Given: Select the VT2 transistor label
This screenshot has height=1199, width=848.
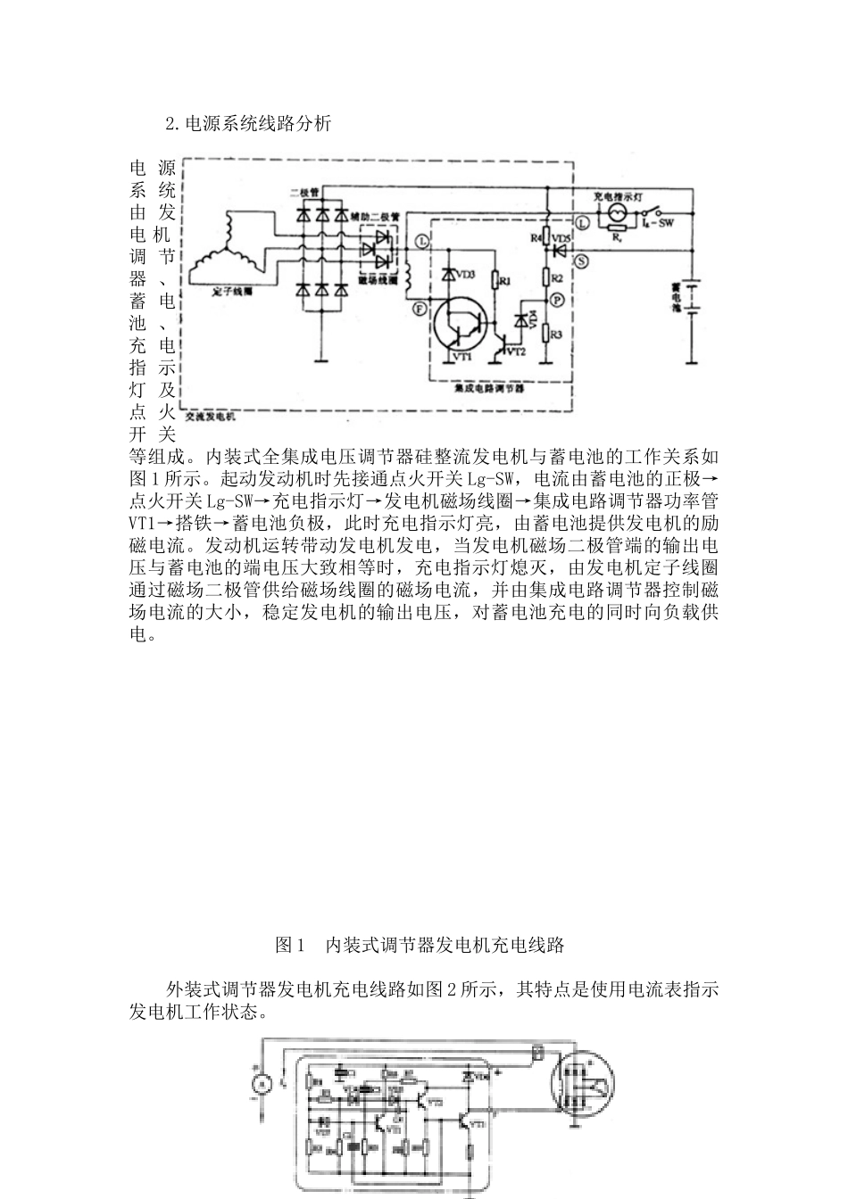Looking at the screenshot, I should pyautogui.click(x=515, y=352).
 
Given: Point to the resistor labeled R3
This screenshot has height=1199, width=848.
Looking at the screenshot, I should pyautogui.click(x=554, y=335).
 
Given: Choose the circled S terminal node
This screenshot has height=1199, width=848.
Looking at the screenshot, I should pyautogui.click(x=581, y=260).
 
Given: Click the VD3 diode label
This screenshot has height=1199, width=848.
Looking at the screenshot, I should pyautogui.click(x=465, y=273).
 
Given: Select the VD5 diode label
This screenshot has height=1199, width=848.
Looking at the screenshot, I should pyautogui.click(x=562, y=238).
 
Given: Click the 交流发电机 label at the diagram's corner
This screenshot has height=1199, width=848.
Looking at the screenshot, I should pyautogui.click(x=211, y=416).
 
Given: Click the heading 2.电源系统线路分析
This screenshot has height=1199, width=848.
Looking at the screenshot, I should pyautogui.click(x=248, y=124).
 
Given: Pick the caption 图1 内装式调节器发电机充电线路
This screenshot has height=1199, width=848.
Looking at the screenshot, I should pyautogui.click(x=420, y=945).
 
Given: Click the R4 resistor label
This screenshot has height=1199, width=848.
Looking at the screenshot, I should pyautogui.click(x=537, y=238).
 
